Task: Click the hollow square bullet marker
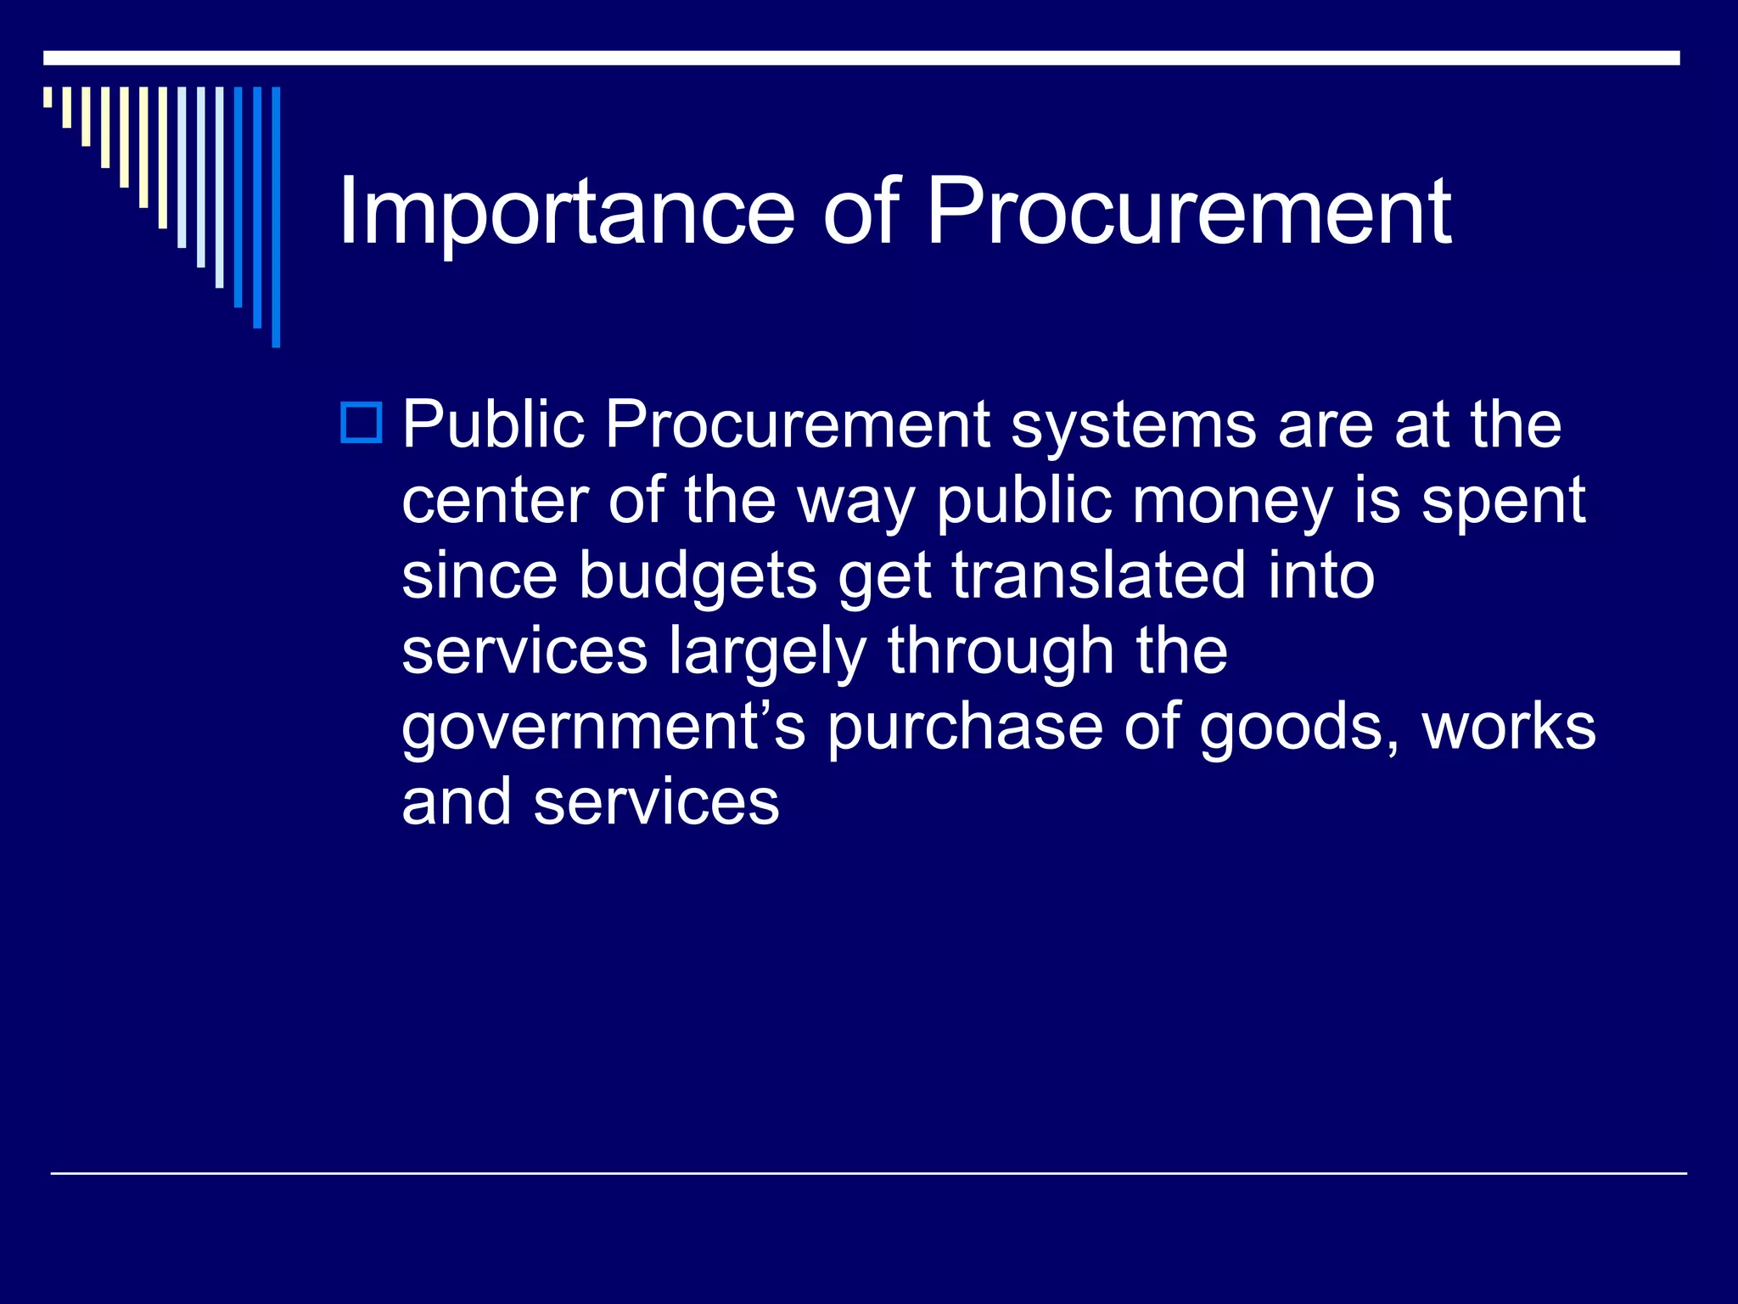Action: coord(362,422)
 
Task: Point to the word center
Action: coord(495,501)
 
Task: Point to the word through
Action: coord(1001,652)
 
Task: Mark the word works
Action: coord(1509,727)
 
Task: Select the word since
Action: coord(479,576)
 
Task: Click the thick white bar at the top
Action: coord(861,58)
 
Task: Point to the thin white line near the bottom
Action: coord(868,1173)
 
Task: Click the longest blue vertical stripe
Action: coord(276,216)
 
